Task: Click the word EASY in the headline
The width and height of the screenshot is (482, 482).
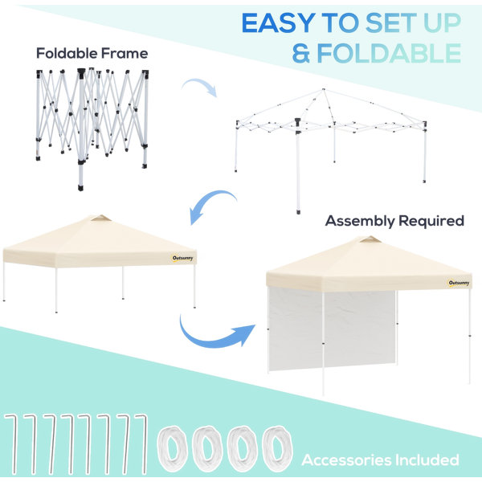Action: click(278, 23)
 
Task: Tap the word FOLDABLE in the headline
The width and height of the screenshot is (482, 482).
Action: click(389, 53)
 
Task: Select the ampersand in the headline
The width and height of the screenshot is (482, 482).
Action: click(301, 53)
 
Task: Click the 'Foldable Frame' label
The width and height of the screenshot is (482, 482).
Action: click(92, 53)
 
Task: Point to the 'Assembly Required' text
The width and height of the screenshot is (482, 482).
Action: click(394, 221)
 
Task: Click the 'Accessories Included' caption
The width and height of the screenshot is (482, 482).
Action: click(380, 460)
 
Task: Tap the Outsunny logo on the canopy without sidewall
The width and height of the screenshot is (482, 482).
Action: click(182, 258)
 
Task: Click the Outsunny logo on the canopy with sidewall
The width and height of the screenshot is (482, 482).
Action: click(459, 283)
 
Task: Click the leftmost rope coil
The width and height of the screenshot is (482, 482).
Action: click(173, 449)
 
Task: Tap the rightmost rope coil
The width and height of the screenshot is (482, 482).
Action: click(276, 449)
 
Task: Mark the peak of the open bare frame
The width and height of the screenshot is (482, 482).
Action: click(323, 89)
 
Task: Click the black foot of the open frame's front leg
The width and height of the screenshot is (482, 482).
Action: click(298, 212)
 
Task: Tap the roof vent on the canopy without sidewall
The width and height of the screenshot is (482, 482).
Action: click(101, 219)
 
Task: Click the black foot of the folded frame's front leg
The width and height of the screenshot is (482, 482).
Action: click(80, 187)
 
